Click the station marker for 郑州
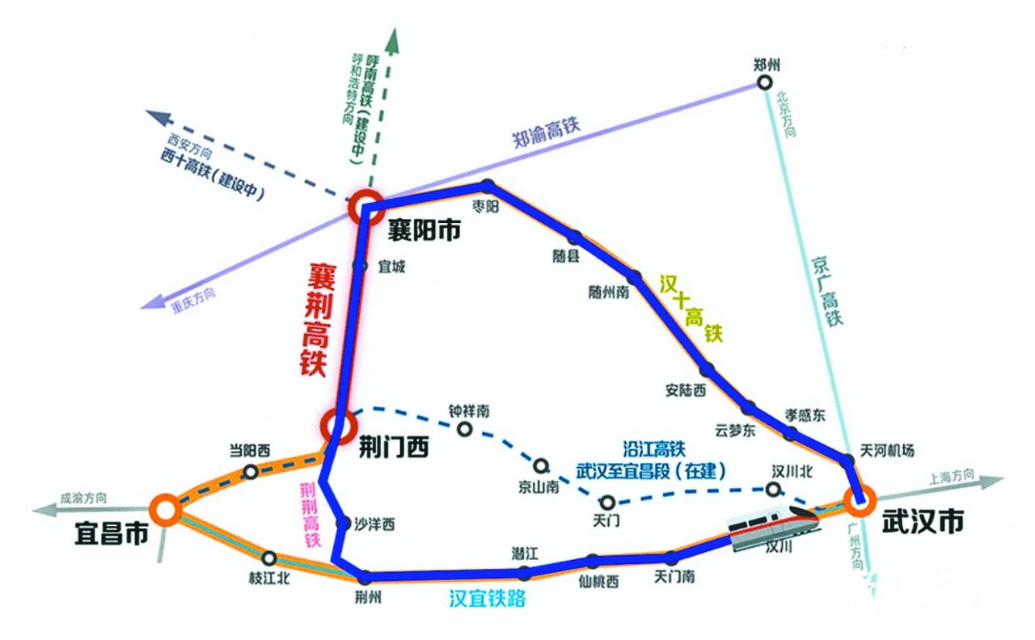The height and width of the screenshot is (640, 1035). [x=764, y=82]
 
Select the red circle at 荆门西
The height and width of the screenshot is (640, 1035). [x=337, y=423]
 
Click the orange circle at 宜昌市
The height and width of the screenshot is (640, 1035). [x=166, y=510]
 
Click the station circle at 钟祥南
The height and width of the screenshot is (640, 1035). [x=465, y=428]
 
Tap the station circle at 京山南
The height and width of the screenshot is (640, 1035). [x=540, y=465]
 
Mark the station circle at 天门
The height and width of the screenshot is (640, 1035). [x=607, y=502]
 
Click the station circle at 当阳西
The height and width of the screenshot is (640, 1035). [x=251, y=471]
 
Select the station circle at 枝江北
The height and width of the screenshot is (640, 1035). [x=269, y=558]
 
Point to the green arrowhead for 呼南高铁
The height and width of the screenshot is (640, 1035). [x=394, y=36]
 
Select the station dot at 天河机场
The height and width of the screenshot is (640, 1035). [x=847, y=461]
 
